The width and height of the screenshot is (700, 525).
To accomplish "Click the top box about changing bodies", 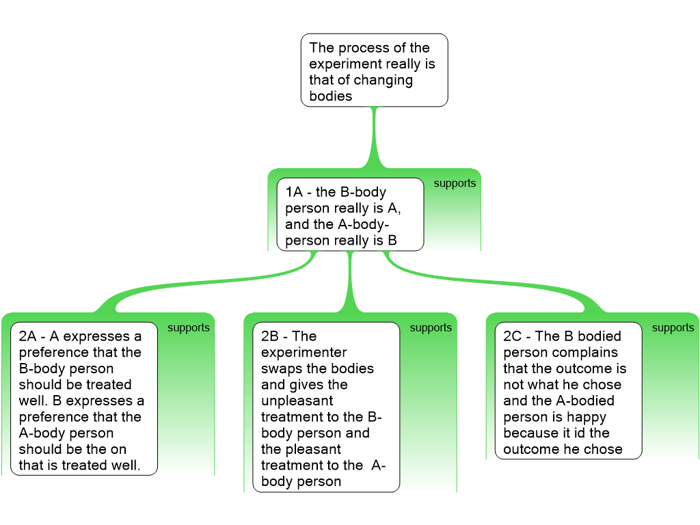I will coord(374,70).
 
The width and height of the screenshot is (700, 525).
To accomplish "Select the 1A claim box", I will coord(350,215).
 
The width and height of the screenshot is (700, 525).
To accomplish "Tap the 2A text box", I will coord(84,399).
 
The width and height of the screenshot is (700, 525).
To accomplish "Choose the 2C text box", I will coord(569,390).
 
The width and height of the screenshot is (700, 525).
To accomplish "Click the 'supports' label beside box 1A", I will coord(455,184).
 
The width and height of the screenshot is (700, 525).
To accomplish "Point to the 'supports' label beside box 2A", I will coord(189,328).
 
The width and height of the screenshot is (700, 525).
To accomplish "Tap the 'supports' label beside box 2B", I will coord(431,328).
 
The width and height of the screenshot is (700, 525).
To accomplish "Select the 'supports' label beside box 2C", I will coord(673,328).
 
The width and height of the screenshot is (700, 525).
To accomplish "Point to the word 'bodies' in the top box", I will coord(330,96).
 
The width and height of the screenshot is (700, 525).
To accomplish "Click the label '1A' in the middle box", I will coord(293,192).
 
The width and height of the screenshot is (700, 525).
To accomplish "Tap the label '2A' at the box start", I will coord(27,336).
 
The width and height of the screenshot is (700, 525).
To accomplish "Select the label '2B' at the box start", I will coord(270,336).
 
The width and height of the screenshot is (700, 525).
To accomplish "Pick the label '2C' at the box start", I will coord(512,336).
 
